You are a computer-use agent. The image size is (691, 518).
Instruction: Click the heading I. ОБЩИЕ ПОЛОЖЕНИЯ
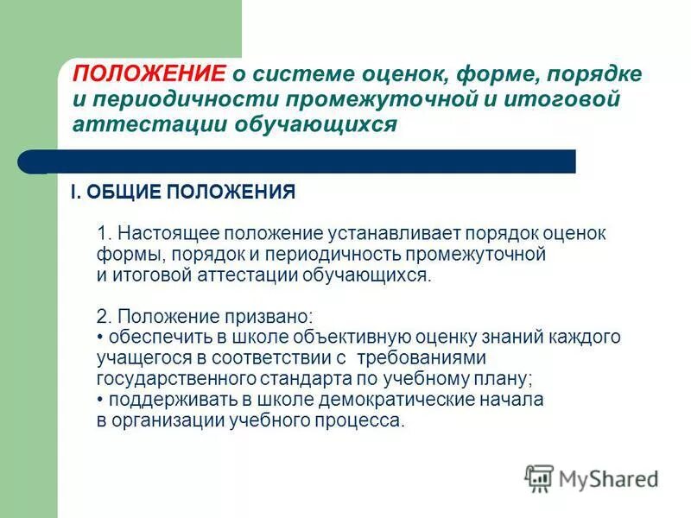[x=183, y=193]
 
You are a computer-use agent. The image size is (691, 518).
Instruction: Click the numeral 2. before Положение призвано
[x=104, y=316]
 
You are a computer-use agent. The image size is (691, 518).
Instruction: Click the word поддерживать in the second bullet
[x=159, y=400]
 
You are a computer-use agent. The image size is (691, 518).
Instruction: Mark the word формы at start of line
[x=121, y=255]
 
